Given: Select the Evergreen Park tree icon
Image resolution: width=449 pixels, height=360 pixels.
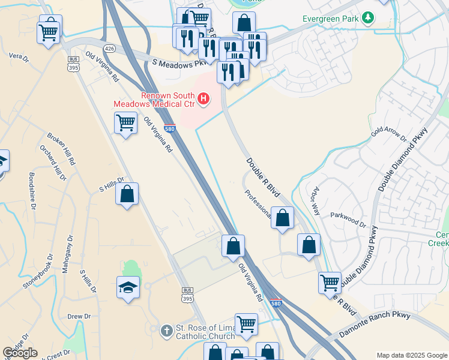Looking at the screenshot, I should (x=368, y=19).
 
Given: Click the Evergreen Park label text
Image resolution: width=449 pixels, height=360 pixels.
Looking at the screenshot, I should (x=331, y=19).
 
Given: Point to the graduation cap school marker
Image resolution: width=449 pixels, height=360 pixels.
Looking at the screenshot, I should (x=128, y=289).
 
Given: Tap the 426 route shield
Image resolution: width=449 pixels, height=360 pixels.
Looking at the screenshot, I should (x=109, y=48).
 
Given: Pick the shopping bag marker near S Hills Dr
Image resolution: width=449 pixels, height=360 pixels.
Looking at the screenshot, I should (x=127, y=194).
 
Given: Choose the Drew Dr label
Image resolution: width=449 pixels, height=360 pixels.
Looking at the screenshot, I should (x=79, y=316).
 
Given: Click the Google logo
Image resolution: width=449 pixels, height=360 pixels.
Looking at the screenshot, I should (x=20, y=353).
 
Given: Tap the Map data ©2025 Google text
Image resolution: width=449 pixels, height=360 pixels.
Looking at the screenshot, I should (x=412, y=355).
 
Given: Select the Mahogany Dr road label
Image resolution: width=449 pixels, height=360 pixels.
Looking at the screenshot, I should (x=67, y=254).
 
